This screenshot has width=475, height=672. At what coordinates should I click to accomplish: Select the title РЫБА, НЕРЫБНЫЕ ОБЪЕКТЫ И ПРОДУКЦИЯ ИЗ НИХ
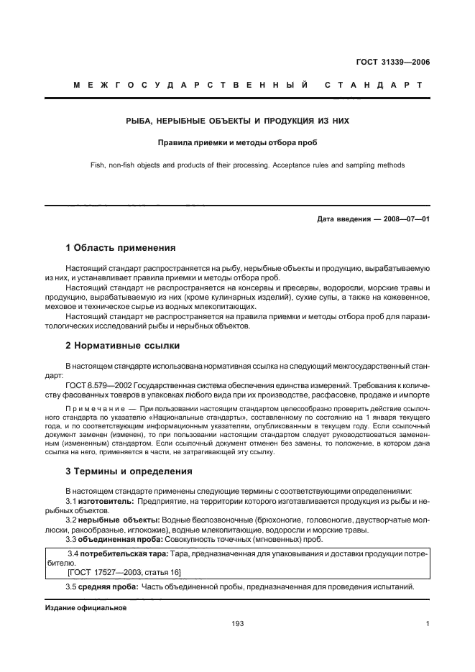tap(237, 121)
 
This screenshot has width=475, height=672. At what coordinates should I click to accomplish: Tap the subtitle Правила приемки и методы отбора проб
tap(237, 143)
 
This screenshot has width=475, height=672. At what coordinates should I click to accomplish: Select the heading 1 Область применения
tap(120, 248)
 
